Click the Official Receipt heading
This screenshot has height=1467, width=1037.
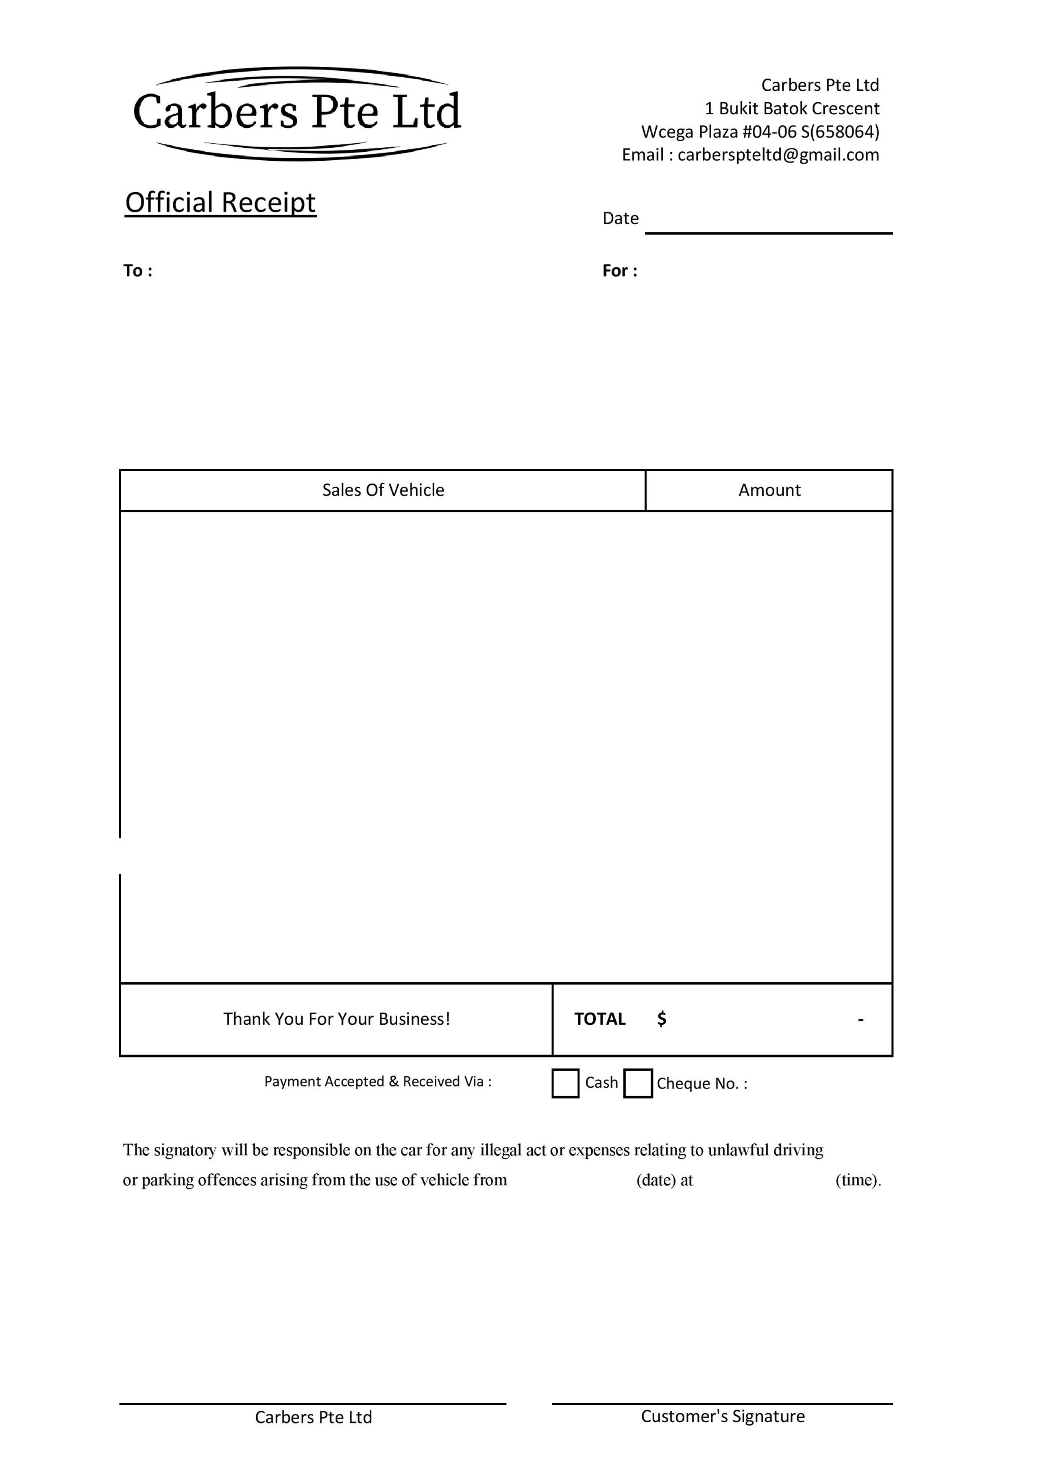[220, 203]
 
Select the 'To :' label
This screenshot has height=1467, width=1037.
[138, 271]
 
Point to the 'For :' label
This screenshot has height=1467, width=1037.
[619, 271]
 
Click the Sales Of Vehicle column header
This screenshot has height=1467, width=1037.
[383, 490]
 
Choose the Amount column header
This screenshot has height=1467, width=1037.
[769, 490]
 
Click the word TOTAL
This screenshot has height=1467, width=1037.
[599, 1019]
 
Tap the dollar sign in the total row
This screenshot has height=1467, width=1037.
[662, 1019]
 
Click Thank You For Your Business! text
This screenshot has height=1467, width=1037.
[336, 1019]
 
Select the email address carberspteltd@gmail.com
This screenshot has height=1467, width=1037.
[778, 155]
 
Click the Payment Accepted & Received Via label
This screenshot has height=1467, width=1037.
[377, 1082]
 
